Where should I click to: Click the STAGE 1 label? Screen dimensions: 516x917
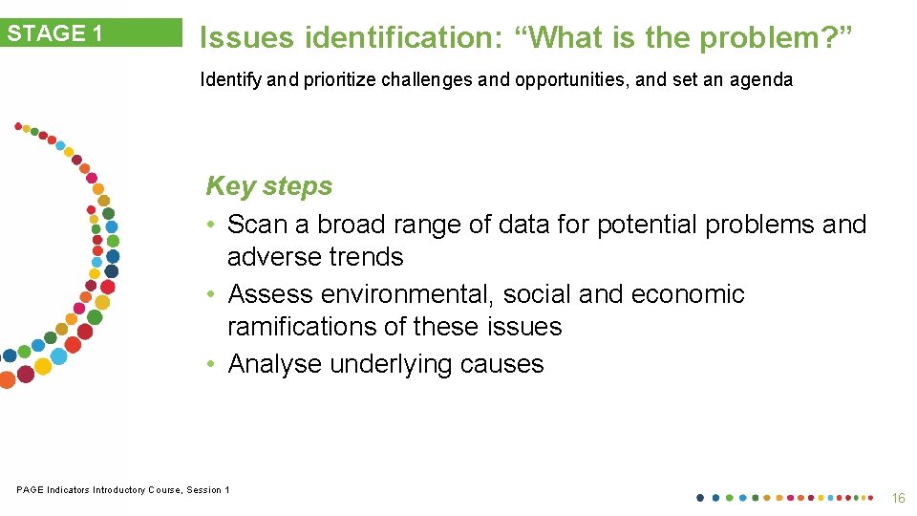pyautogui.click(x=55, y=33)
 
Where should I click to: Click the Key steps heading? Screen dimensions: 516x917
pyautogui.click(x=268, y=185)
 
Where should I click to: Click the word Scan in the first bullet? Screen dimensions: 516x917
pyautogui.click(x=258, y=225)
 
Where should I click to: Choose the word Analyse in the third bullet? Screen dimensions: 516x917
pyautogui.click(x=275, y=364)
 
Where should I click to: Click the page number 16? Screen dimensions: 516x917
pyautogui.click(x=897, y=498)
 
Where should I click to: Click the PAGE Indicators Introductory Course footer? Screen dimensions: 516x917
pyautogui.click(x=122, y=490)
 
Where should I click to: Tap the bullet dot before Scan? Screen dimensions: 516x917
pyautogui.click(x=212, y=226)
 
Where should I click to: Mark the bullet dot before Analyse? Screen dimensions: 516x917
pyautogui.click(x=212, y=365)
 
